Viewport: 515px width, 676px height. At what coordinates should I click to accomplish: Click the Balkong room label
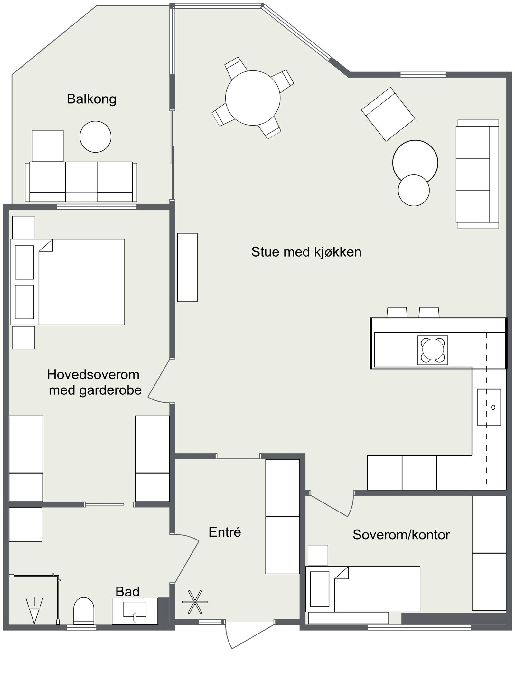(x=91, y=99)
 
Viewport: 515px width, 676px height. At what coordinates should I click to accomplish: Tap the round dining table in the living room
(x=253, y=98)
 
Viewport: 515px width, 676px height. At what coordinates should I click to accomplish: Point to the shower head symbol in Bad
(x=34, y=610)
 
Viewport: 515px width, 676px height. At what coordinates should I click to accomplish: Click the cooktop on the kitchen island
(x=433, y=350)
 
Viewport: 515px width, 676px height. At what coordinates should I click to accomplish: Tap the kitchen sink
(x=489, y=407)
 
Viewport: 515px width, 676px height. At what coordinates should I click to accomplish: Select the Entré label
(x=225, y=532)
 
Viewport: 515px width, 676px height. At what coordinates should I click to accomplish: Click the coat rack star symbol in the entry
(x=195, y=602)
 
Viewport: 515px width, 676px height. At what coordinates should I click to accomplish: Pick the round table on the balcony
(x=96, y=137)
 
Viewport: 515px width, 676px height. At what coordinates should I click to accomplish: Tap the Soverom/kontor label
(x=401, y=535)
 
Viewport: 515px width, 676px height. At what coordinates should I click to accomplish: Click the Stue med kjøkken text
(x=306, y=252)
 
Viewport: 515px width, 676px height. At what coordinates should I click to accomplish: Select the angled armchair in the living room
(x=388, y=114)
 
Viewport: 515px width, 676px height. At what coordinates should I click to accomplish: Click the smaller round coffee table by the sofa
(x=414, y=190)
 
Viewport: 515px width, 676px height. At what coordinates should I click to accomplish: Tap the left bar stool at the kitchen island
(x=397, y=312)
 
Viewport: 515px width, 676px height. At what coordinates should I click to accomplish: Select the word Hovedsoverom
(x=93, y=374)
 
